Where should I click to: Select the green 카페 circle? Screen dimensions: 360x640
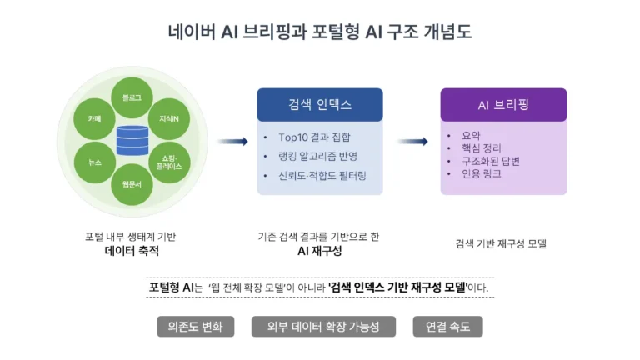(94, 119)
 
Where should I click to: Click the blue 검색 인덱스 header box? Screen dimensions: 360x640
(319, 105)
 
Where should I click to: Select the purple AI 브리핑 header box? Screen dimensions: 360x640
(503, 105)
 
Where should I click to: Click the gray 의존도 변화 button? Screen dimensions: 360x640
(195, 327)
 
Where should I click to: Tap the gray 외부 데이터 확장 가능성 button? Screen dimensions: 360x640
(322, 327)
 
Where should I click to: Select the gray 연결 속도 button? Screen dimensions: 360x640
(447, 327)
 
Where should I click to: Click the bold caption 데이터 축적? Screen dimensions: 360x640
(132, 251)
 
